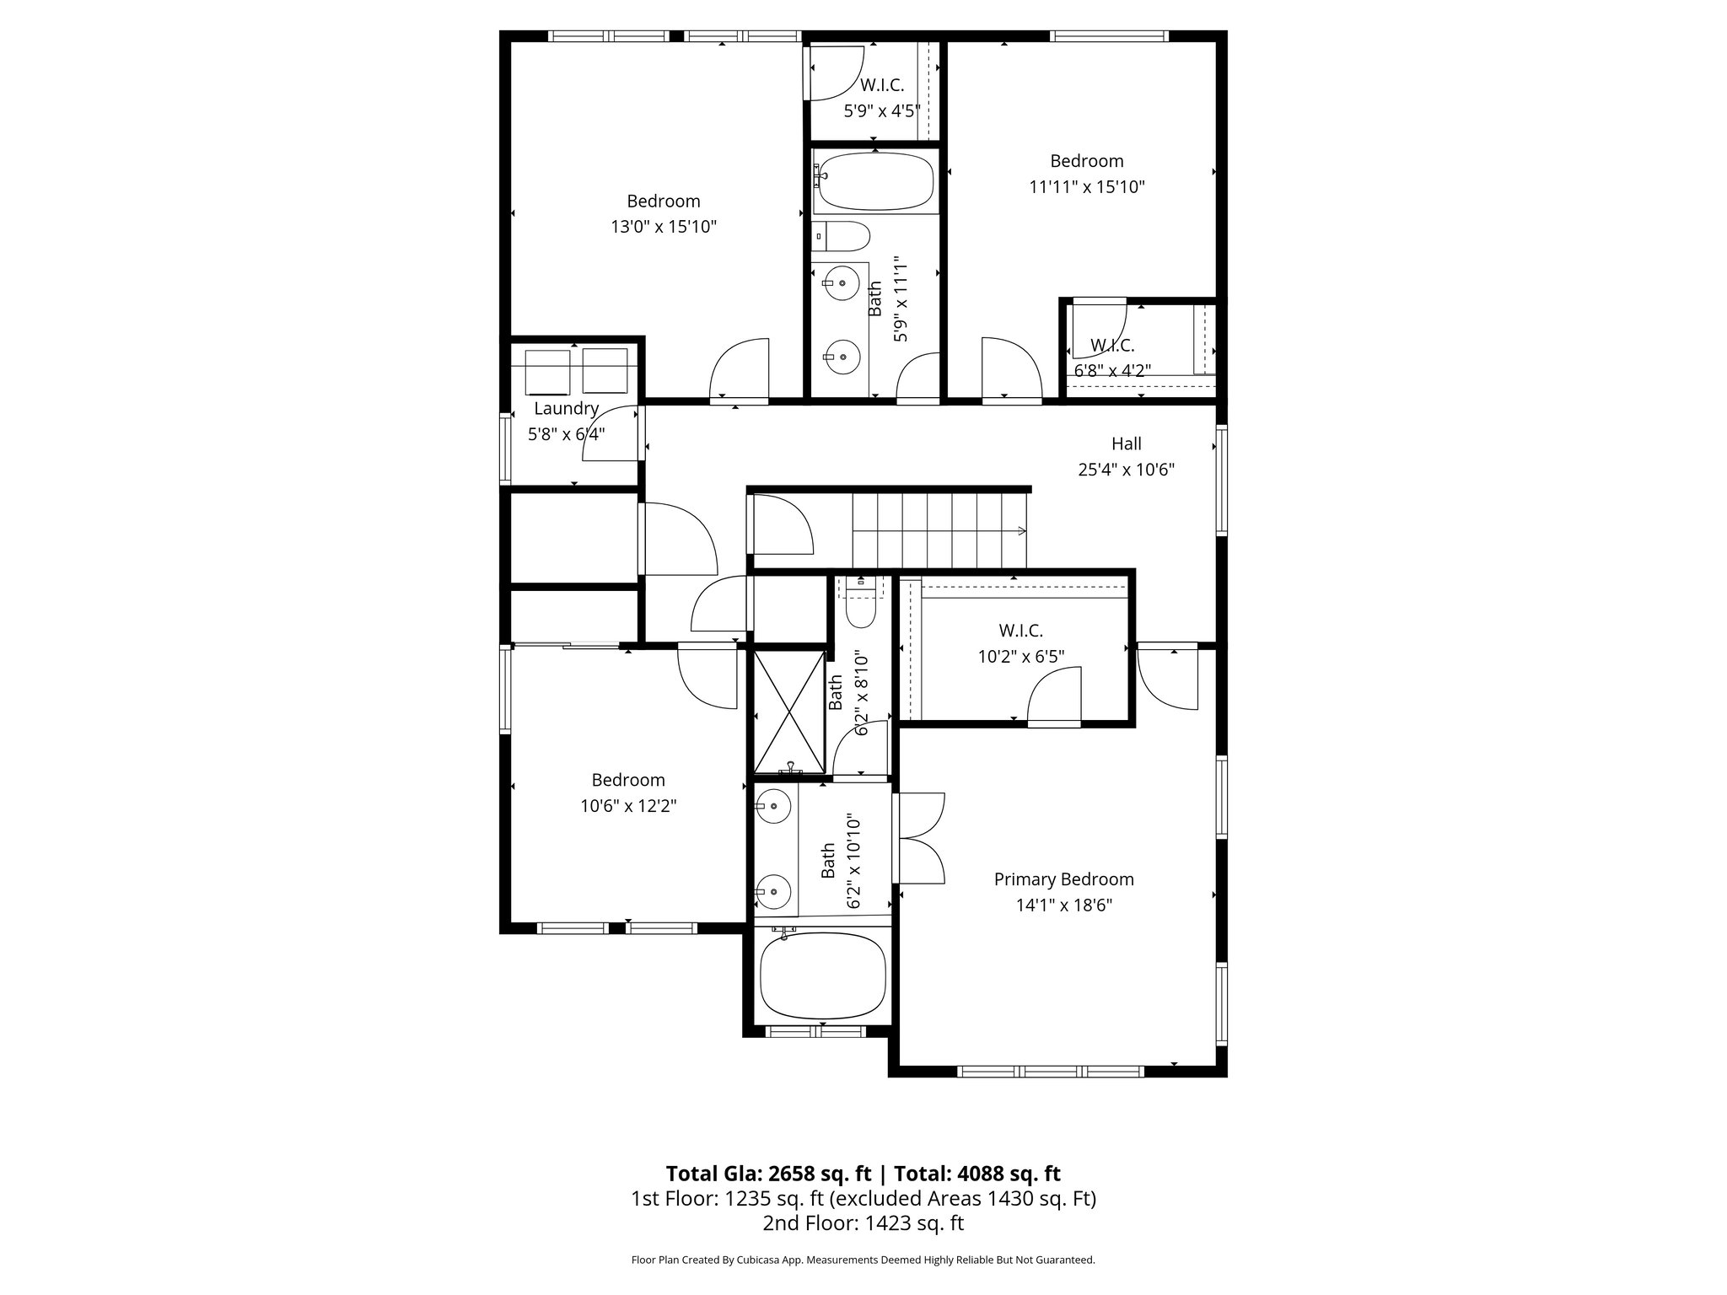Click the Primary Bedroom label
tap(1063, 879)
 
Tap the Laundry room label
tap(566, 409)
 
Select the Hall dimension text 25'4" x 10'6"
tap(1126, 470)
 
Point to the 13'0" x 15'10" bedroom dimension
tap(664, 227)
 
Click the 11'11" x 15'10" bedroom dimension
tap(1086, 186)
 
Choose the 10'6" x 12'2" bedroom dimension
tap(628, 806)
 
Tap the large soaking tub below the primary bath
tap(822, 977)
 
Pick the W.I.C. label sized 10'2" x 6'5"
tap(1020, 631)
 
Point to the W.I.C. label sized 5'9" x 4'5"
tap(882, 85)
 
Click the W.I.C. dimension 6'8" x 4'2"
tap(1112, 369)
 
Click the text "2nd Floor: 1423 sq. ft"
tap(863, 1223)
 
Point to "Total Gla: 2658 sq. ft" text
tap(767, 1174)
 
